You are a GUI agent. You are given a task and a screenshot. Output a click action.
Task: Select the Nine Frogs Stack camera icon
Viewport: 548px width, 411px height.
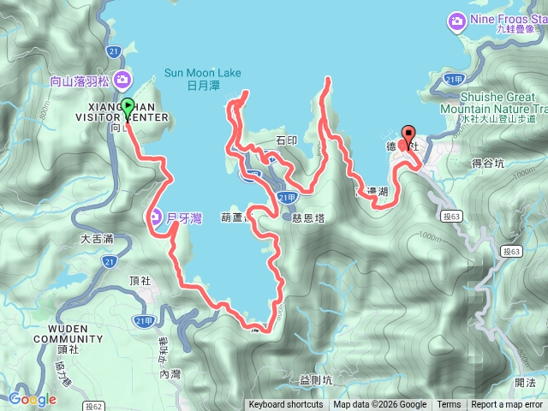(456, 20)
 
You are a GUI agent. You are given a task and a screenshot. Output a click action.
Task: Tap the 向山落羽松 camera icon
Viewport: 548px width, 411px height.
(124, 81)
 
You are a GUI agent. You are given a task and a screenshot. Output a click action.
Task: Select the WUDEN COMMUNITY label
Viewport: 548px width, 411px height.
(68, 333)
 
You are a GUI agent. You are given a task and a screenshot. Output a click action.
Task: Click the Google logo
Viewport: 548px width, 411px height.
(33, 399)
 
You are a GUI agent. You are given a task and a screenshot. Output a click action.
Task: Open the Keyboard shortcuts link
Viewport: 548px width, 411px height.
(285, 405)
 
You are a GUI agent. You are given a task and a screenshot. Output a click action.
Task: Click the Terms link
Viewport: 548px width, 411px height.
(449, 405)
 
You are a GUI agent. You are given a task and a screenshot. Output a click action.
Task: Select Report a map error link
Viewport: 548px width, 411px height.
(507, 405)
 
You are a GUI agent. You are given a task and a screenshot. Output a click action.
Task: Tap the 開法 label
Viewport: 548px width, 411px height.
(526, 383)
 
